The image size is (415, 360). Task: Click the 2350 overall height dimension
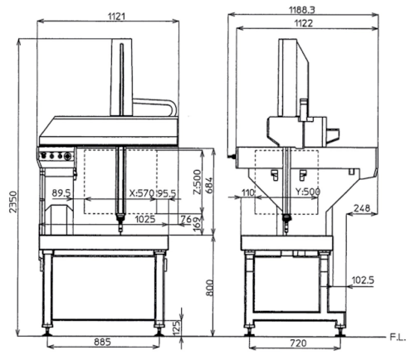tap(13, 202)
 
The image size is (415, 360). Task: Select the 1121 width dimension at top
tap(116, 17)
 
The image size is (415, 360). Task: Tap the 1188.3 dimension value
tap(302, 10)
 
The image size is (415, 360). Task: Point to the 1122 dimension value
tap(304, 23)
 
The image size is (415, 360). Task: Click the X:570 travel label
tap(142, 193)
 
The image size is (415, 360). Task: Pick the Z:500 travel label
tap(198, 182)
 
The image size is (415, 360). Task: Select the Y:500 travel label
tap(308, 192)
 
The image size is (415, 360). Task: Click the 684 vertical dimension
tap(209, 185)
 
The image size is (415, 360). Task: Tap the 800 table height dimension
tap(210, 288)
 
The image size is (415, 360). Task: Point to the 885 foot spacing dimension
tap(102, 342)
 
